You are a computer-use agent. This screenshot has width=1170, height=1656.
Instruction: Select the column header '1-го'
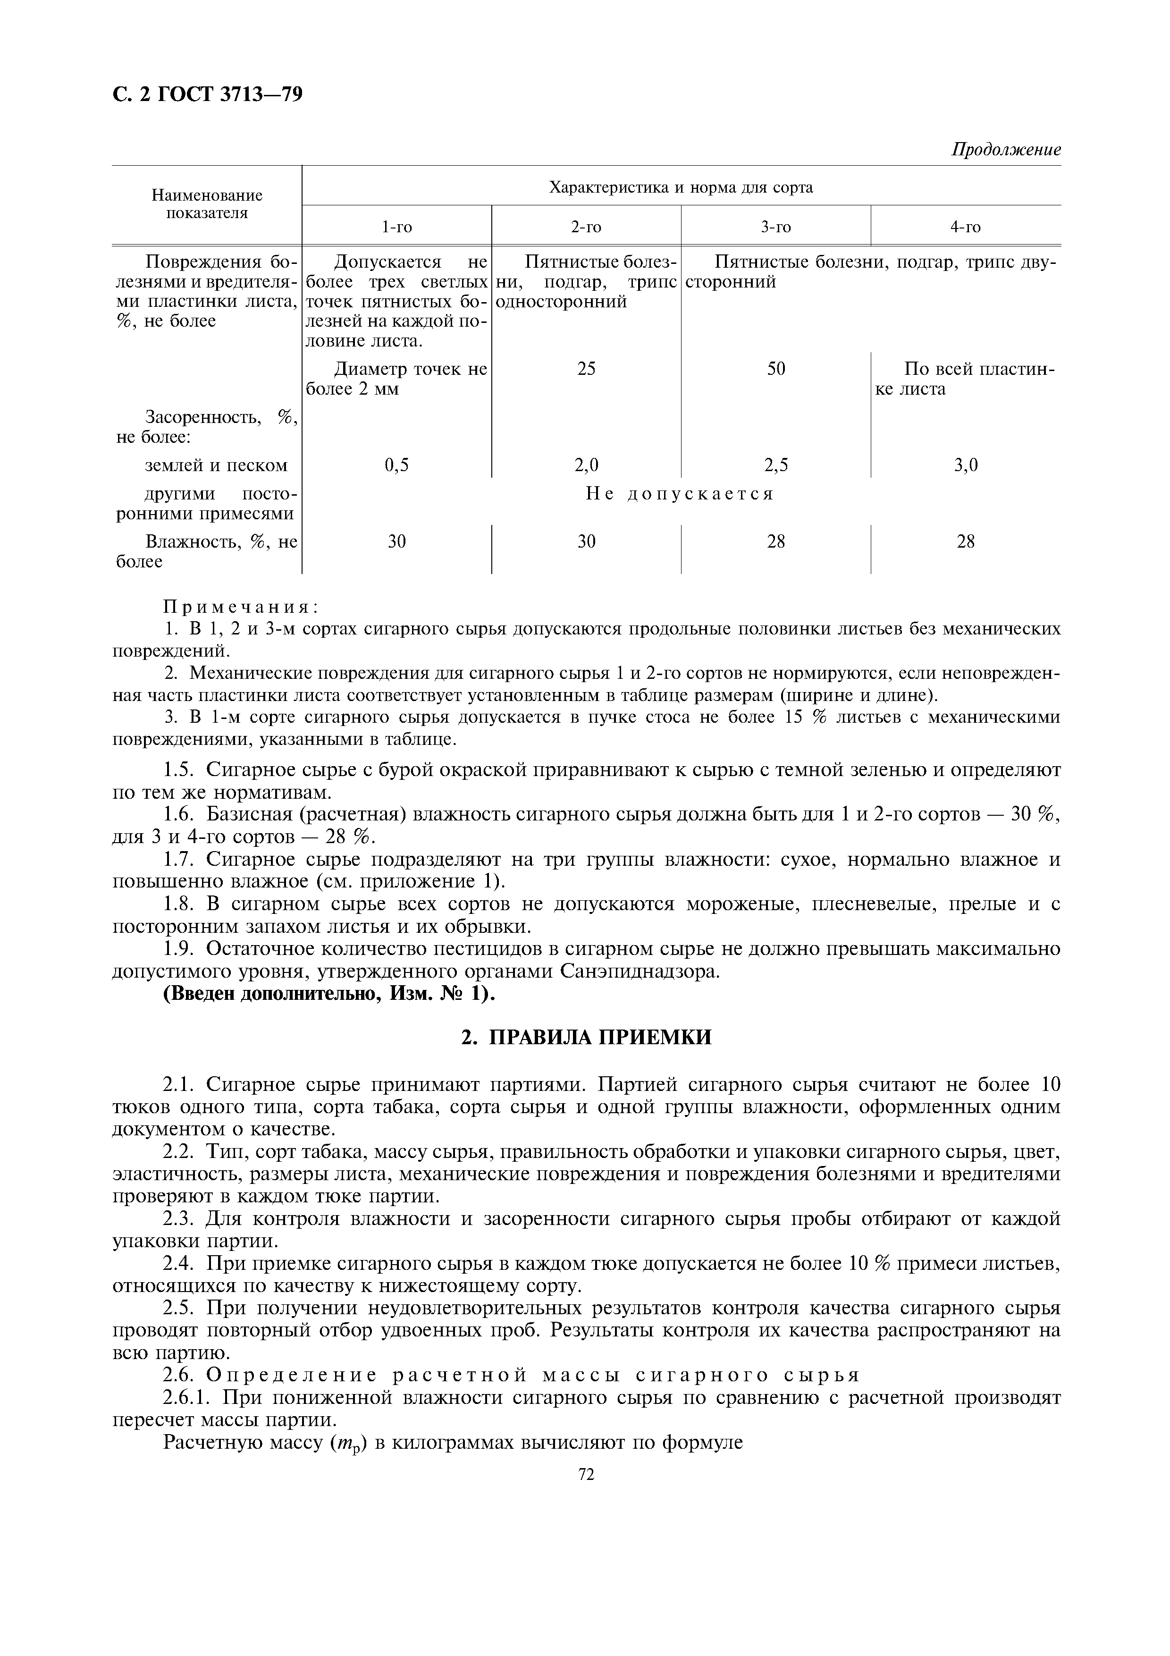click(396, 227)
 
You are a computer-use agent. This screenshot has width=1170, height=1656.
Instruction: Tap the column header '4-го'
click(965, 227)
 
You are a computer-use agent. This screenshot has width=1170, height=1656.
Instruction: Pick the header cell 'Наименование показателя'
click(207, 204)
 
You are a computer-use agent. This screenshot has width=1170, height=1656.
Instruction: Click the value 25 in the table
click(586, 369)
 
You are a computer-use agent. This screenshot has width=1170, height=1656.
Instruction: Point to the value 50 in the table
click(776, 369)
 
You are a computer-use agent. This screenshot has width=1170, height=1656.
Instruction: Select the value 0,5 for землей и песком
click(396, 465)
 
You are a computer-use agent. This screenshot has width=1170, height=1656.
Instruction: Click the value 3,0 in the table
click(965, 465)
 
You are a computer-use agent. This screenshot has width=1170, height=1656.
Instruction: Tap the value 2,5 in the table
click(776, 465)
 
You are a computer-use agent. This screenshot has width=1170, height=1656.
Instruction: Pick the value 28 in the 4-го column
click(965, 541)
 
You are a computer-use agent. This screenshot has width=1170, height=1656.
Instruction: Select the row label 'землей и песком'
click(216, 465)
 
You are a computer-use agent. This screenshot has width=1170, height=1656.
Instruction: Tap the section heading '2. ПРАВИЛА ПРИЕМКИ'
click(585, 1037)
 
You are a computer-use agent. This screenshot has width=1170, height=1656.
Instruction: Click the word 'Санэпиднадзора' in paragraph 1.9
click(639, 972)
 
